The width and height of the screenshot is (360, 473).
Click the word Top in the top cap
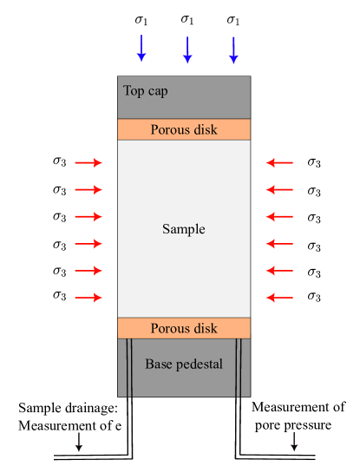point(134,90)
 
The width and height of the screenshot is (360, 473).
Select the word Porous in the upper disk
point(169,130)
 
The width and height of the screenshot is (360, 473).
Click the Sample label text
point(184,229)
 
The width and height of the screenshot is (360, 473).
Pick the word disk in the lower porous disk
point(205,328)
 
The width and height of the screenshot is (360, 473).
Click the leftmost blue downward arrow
point(141,49)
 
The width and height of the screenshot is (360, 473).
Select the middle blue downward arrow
point(187,49)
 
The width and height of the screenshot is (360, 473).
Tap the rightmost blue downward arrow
point(232,49)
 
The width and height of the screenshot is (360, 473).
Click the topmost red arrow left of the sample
point(88,162)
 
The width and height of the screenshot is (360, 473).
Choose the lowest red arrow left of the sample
point(88,298)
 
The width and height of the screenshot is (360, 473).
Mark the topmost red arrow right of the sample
point(279,162)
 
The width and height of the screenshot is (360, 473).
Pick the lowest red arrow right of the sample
point(279,298)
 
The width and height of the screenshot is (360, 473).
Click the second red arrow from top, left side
point(88,189)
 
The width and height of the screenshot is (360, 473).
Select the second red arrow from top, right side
point(279,189)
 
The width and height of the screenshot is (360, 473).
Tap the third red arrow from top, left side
point(88,216)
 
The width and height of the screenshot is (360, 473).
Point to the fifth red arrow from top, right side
point(279,271)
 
